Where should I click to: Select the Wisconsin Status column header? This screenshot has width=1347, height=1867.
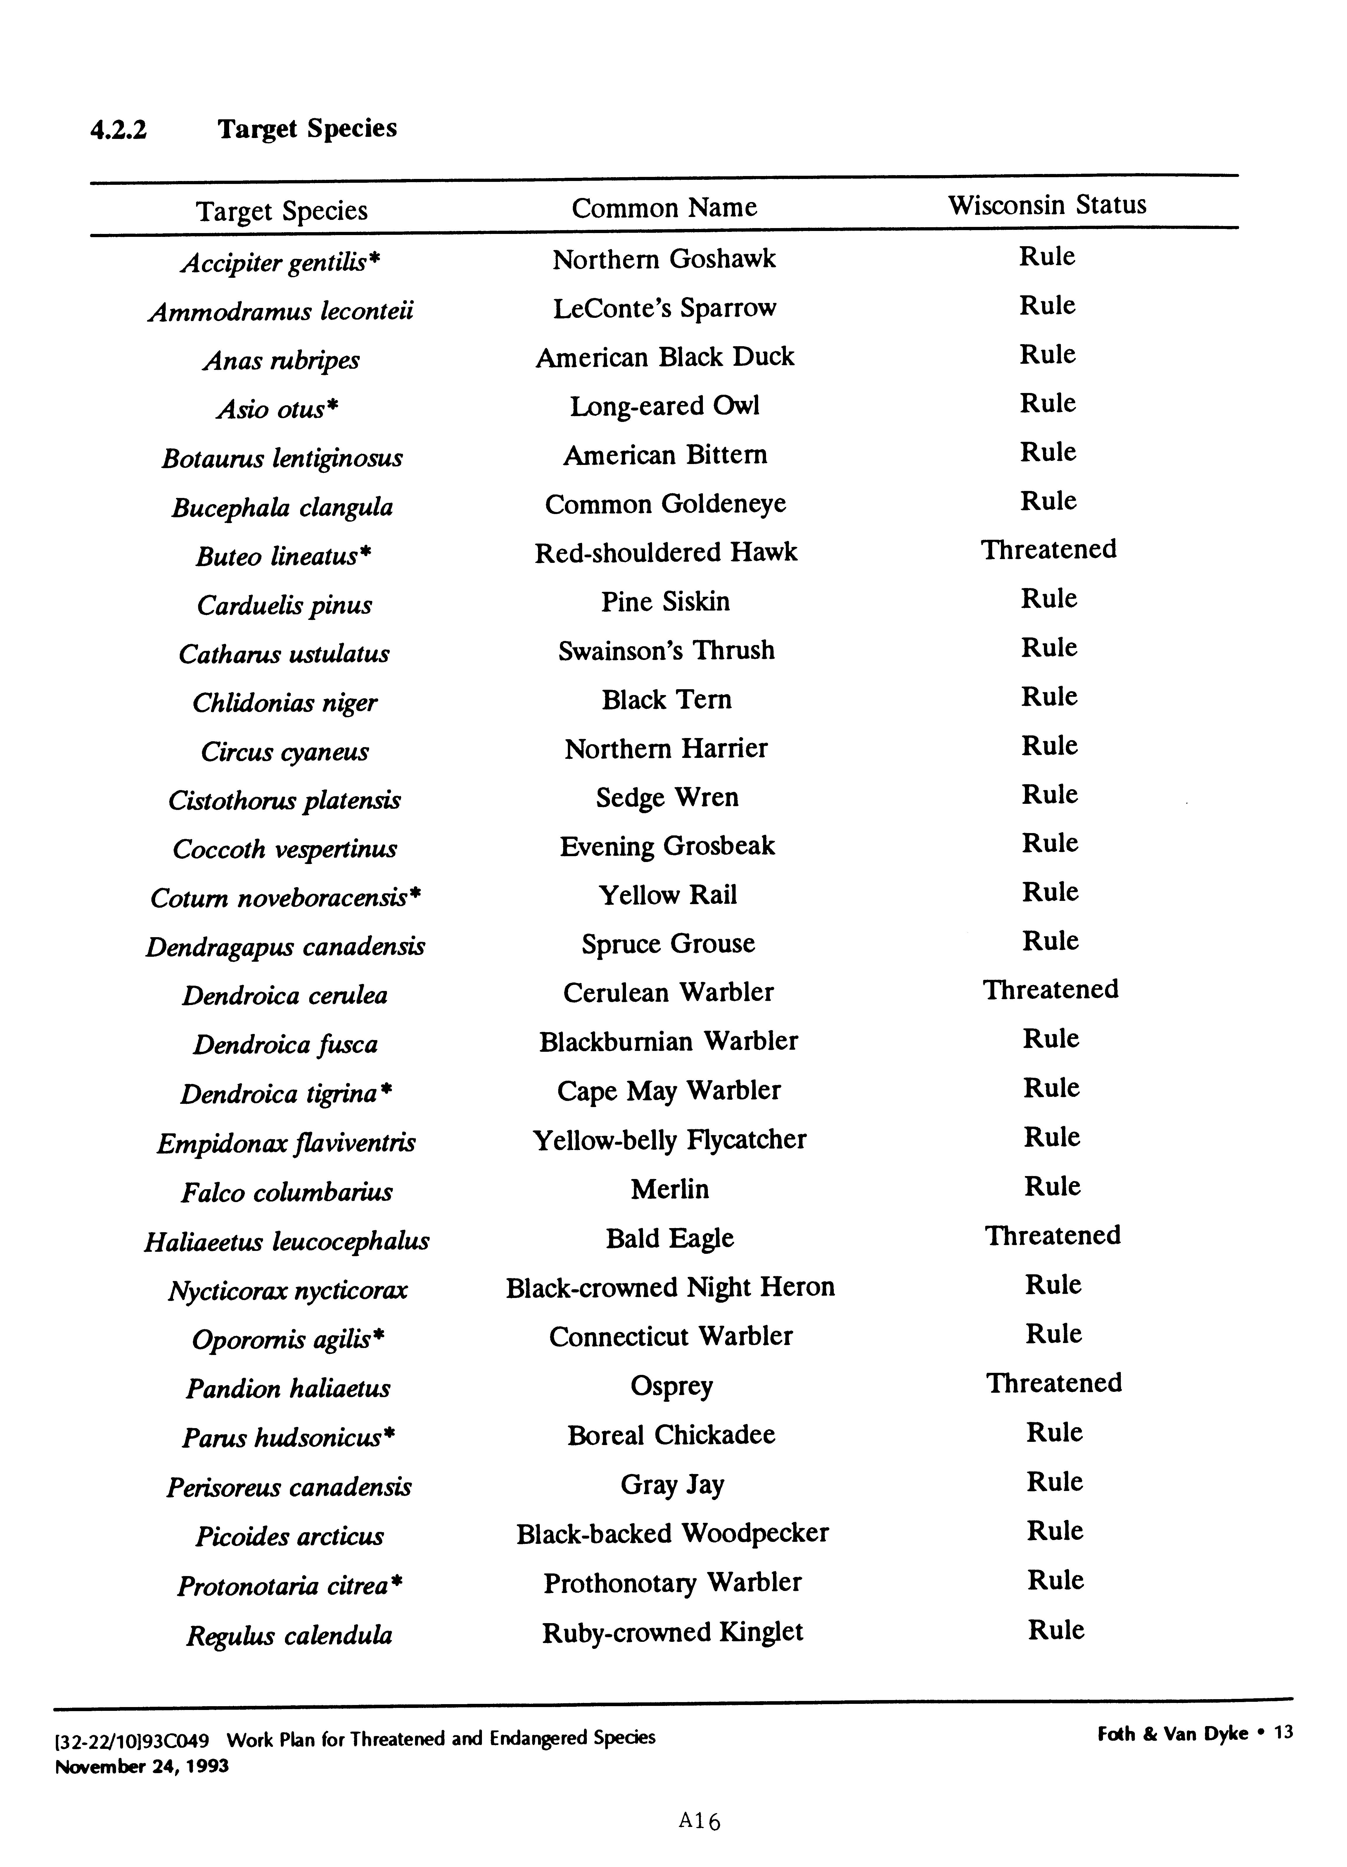coord(1047,205)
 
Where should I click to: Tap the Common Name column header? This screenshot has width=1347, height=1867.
coord(664,207)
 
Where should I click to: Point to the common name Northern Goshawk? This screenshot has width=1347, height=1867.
coord(664,259)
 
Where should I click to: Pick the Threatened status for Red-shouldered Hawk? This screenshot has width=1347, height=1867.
coord(1048,550)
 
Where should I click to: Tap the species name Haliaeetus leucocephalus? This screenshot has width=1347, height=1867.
coord(286,1241)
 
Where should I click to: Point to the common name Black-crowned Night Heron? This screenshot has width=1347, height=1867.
coord(670,1287)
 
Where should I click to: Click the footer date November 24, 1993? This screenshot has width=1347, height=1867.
coord(141,1767)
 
